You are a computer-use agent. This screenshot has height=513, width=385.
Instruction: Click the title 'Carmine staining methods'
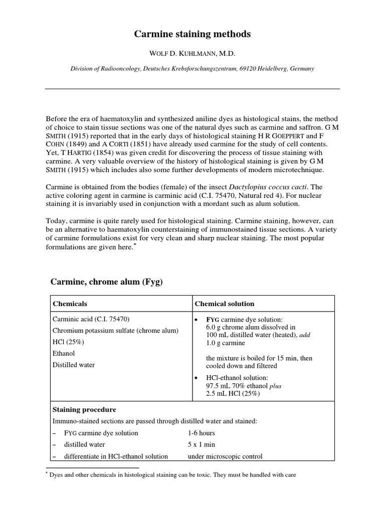pos(192,34)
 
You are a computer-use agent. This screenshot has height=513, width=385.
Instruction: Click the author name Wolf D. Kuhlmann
pos(192,54)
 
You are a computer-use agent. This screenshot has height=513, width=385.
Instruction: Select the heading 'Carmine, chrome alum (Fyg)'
pos(107,283)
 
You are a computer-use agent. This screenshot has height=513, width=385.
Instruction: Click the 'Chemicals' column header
pos(70,304)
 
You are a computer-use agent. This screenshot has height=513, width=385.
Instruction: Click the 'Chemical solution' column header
pos(224,304)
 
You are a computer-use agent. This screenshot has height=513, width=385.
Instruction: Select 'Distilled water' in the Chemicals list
pos(74,365)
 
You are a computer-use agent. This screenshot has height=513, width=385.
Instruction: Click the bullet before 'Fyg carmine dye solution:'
pos(197,320)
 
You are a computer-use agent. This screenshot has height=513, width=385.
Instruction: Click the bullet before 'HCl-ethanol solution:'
pos(197,377)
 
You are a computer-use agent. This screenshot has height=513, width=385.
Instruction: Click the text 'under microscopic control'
pos(225,456)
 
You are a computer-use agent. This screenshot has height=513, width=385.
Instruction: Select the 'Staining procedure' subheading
pos(84,410)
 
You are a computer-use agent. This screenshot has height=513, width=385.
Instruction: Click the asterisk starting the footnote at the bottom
pos(47,473)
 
